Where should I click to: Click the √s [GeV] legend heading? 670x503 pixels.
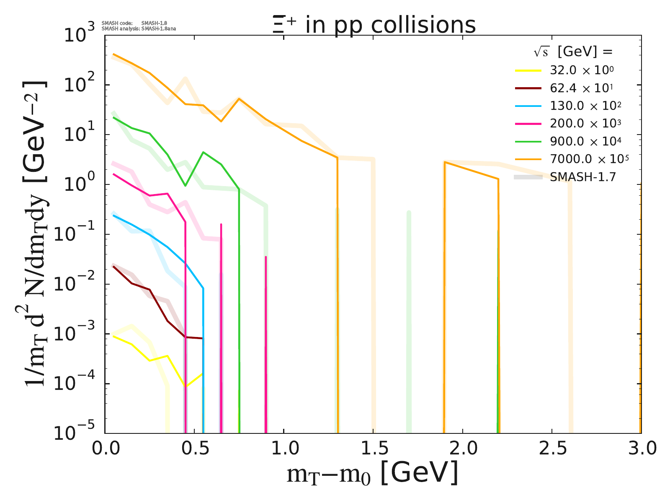point(573,52)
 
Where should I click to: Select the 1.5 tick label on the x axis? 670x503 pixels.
point(373,449)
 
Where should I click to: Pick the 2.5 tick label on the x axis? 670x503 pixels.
point(551,449)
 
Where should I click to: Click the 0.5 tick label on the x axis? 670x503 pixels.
point(194,449)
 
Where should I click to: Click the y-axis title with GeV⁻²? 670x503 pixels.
point(36,235)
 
